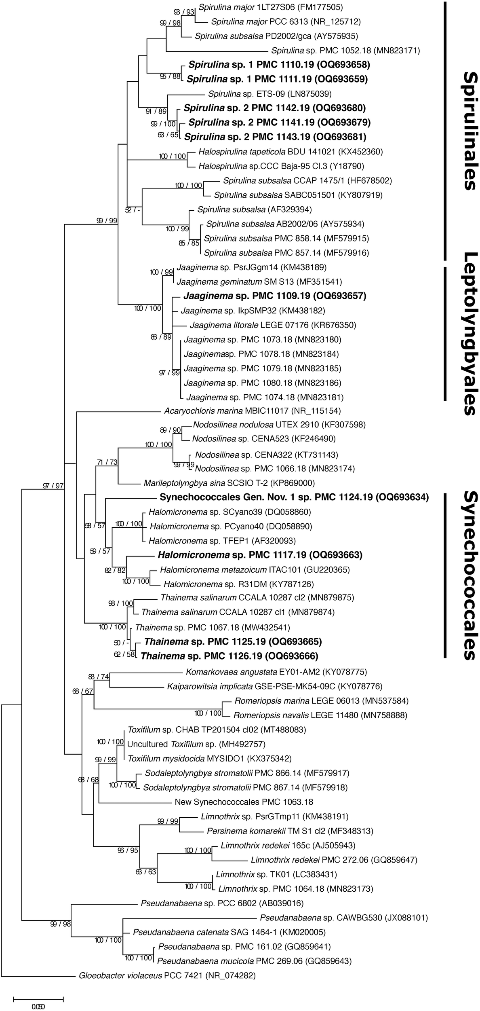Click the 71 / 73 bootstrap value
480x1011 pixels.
tap(107, 462)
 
